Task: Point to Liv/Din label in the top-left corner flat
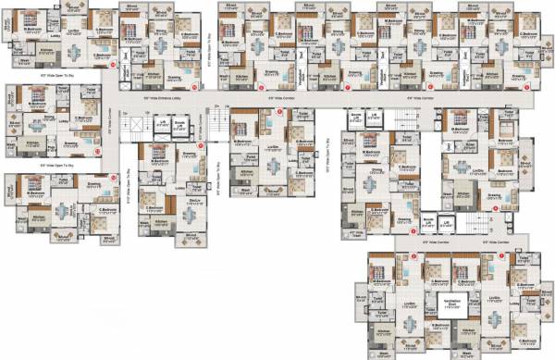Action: pyautogui.click(x=72, y=30)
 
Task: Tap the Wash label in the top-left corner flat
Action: pyautogui.click(x=24, y=62)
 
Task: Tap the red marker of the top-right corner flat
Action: pyautogui.click(x=525, y=91)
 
